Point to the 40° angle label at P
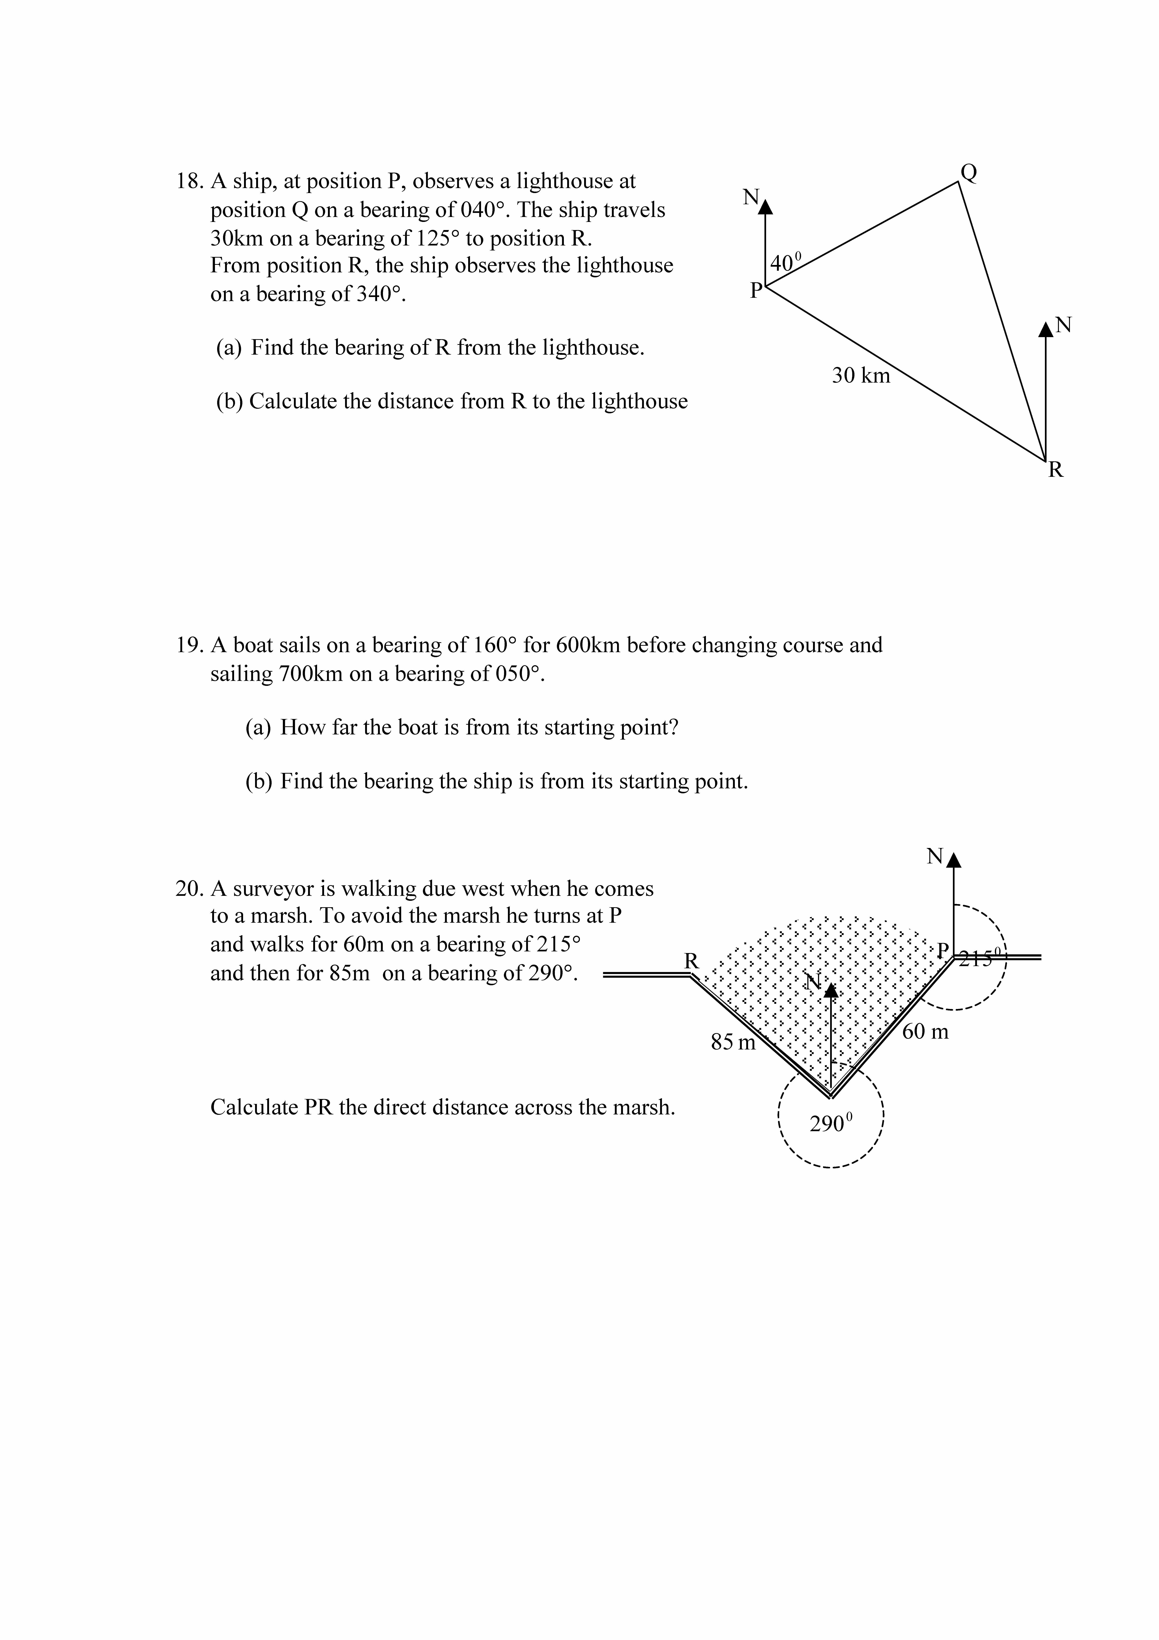pos(786,262)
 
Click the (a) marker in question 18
pos(229,348)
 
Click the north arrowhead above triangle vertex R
pos(1045,329)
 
